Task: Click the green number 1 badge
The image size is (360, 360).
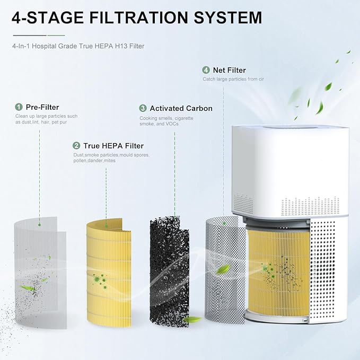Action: tap(19, 107)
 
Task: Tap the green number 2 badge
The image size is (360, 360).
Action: tap(77, 145)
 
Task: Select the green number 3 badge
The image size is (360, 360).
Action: tap(143, 108)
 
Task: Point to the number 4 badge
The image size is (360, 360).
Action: tap(206, 70)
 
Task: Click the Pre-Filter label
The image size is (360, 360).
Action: tap(41, 107)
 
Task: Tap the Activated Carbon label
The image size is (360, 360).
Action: tap(181, 108)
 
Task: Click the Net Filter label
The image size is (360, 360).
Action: tap(229, 70)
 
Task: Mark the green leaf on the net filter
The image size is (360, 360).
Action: tap(223, 269)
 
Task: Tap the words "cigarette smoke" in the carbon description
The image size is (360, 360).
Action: tap(164, 121)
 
